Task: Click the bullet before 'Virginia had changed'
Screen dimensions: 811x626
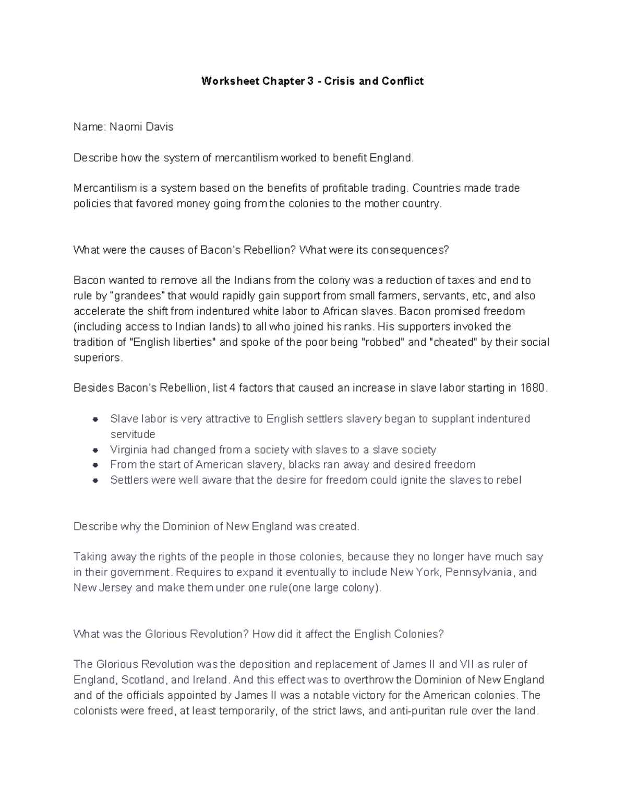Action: point(95,450)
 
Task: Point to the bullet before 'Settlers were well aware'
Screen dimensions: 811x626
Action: point(95,480)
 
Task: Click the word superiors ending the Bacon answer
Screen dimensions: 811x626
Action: point(98,358)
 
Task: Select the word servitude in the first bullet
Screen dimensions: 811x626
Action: point(133,434)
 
